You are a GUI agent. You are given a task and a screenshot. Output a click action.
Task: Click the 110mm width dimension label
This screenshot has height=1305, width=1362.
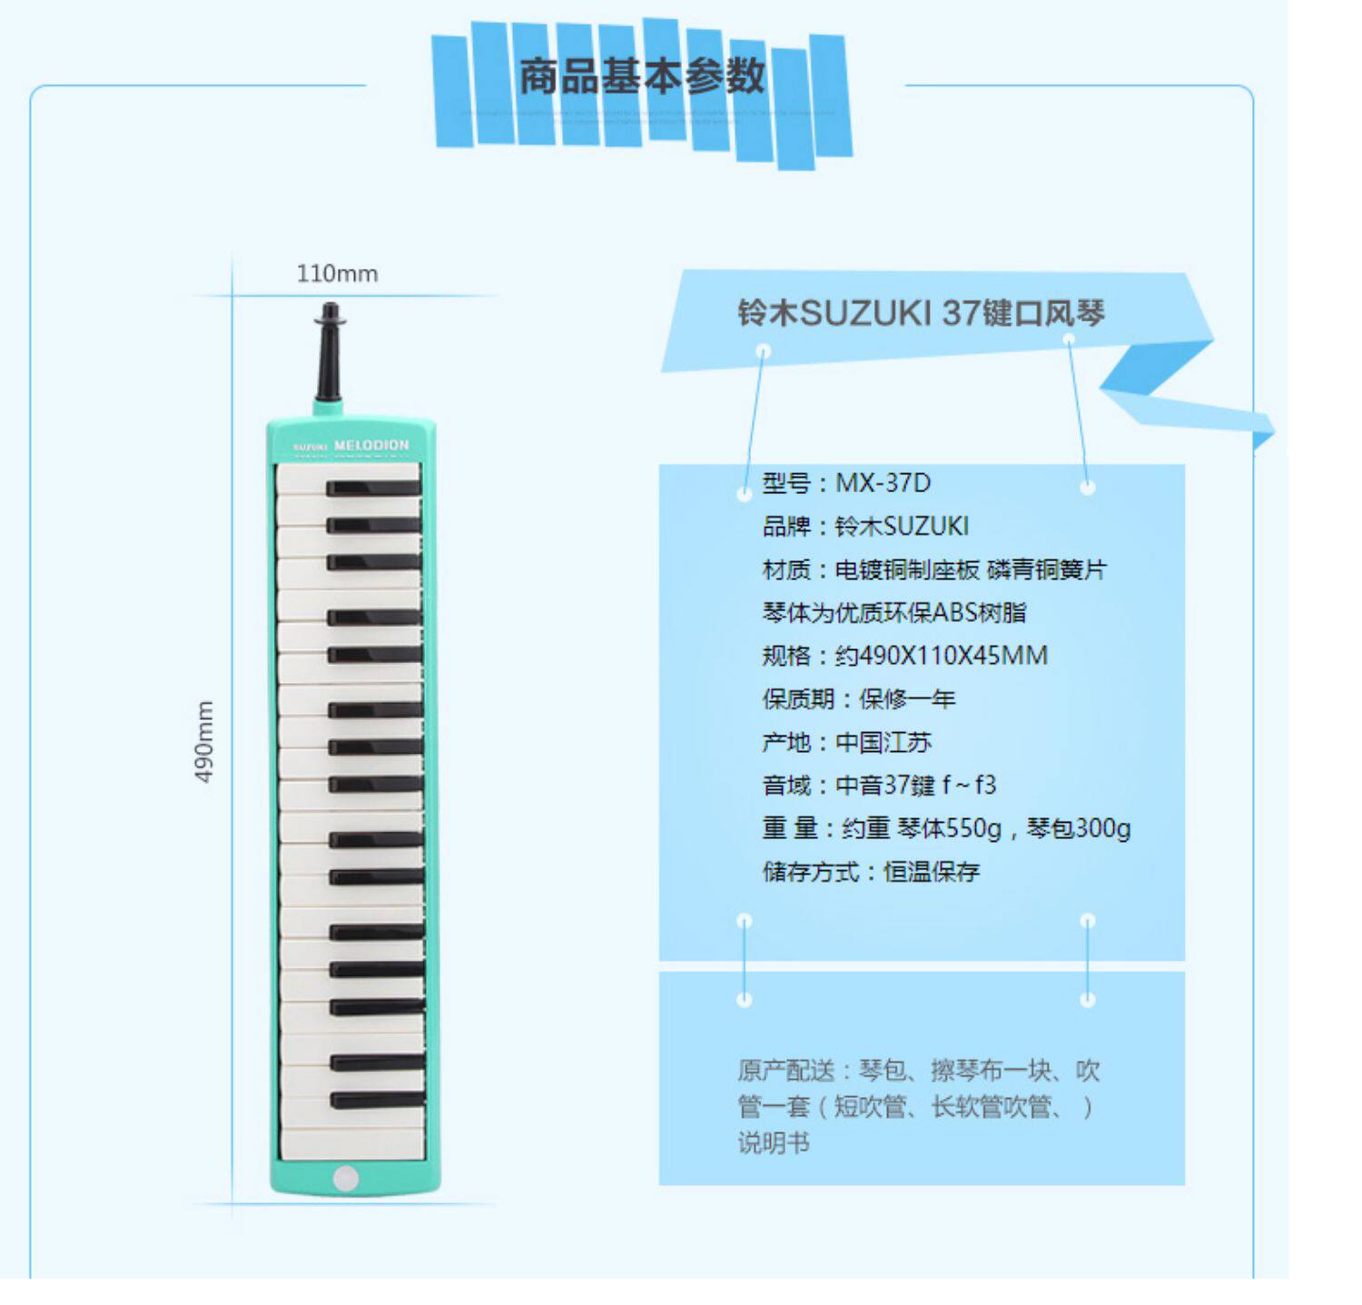(337, 273)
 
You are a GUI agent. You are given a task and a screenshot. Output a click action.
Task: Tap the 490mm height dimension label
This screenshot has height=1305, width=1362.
(205, 741)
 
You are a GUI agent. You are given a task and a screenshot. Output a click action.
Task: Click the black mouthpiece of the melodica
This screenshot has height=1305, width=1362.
(330, 354)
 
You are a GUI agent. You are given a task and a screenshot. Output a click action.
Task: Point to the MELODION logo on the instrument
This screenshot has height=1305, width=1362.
(371, 445)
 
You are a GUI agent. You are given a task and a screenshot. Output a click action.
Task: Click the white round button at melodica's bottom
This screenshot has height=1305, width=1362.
(346, 1178)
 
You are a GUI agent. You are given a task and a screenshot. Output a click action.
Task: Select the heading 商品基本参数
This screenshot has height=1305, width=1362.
(642, 76)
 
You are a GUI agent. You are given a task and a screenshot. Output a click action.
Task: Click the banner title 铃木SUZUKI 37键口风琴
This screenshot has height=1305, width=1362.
(921, 313)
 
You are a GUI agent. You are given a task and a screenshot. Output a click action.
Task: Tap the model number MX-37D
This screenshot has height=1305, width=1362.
(883, 483)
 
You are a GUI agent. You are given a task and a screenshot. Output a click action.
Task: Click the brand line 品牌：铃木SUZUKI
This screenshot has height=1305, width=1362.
(865, 527)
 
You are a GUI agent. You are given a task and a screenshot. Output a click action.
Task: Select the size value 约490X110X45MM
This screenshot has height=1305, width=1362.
(942, 656)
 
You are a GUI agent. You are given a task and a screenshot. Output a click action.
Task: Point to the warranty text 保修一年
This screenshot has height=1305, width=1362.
(907, 699)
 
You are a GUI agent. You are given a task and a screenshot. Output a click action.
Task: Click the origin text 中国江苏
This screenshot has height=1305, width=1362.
(883, 743)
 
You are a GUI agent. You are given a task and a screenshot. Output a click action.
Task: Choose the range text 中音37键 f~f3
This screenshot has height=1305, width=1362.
(915, 786)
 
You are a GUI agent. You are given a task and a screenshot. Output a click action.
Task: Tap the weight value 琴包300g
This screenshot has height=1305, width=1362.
(1079, 828)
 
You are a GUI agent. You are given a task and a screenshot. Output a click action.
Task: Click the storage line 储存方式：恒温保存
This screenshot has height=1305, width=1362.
(871, 872)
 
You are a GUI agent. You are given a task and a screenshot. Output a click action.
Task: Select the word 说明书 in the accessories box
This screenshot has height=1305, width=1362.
(774, 1142)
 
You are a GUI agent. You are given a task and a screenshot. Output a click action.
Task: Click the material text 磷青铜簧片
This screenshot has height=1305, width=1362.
(1046, 569)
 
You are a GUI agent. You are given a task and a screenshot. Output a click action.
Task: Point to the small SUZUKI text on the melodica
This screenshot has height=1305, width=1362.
(310, 447)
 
